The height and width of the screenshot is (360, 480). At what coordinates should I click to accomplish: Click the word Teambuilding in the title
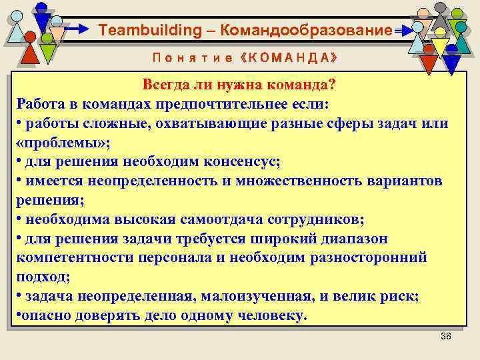click(140, 31)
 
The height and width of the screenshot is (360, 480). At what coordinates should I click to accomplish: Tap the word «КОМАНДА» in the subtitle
click(287, 58)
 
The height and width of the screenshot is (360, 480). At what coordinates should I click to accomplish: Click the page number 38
click(446, 336)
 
